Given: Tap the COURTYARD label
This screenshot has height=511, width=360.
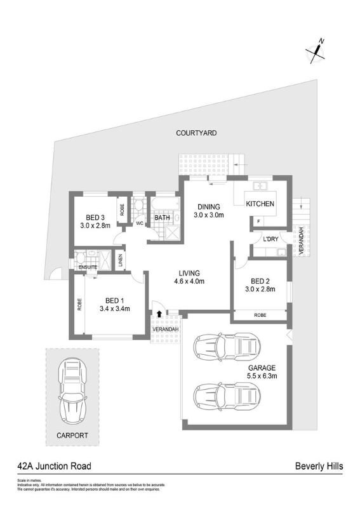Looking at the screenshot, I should tap(197, 133).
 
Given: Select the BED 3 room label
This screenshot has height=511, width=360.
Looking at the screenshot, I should tap(95, 216).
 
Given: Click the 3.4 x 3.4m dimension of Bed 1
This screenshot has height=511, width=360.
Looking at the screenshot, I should tap(115, 309).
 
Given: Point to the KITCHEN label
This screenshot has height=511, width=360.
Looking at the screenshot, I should tap(260, 204).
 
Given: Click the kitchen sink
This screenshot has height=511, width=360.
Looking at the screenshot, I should tap(261, 187).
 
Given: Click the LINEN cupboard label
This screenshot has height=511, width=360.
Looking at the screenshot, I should tap(121, 261).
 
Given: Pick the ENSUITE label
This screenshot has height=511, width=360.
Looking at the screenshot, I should tap(88, 267).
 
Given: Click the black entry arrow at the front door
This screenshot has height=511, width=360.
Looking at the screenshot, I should tap(158, 315).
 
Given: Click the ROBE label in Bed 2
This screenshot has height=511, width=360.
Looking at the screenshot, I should tap(260, 315).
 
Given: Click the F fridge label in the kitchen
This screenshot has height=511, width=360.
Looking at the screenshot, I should tap(258, 221).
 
